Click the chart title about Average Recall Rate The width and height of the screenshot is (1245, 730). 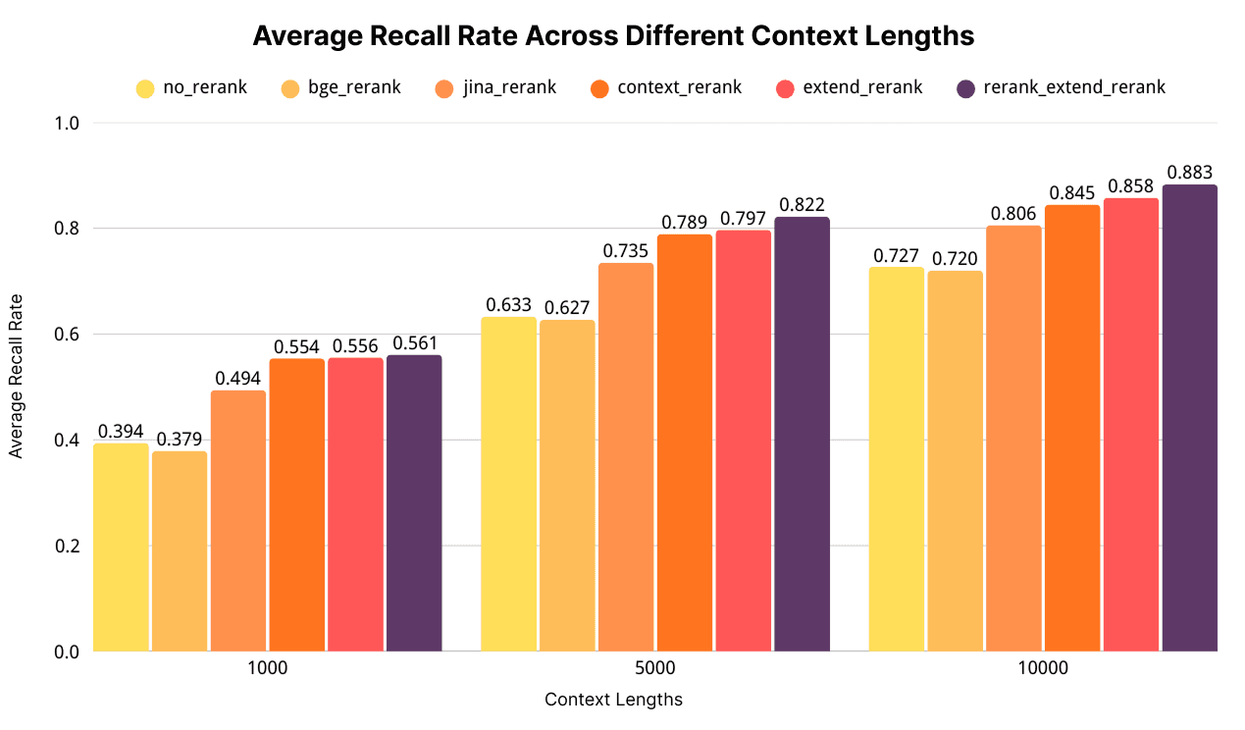coord(613,36)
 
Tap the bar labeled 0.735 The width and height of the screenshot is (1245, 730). coord(626,456)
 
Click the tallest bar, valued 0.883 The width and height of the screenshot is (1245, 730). coord(1190,417)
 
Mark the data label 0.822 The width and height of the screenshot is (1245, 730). coord(803,205)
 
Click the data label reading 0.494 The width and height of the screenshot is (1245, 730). coord(238,379)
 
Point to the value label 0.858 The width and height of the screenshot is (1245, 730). coord(1132,186)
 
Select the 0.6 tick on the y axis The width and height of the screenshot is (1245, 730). coord(67,335)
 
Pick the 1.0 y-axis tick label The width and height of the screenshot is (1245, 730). coord(67,124)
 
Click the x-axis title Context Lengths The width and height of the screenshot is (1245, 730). coord(613,700)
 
